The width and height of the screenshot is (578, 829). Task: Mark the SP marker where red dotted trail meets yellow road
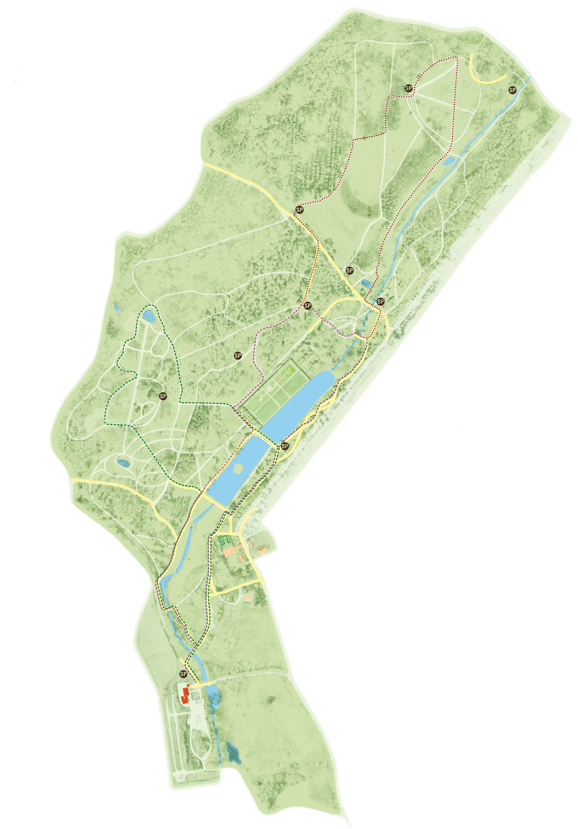[299, 209]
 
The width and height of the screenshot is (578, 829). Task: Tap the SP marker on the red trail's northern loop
[408, 88]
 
